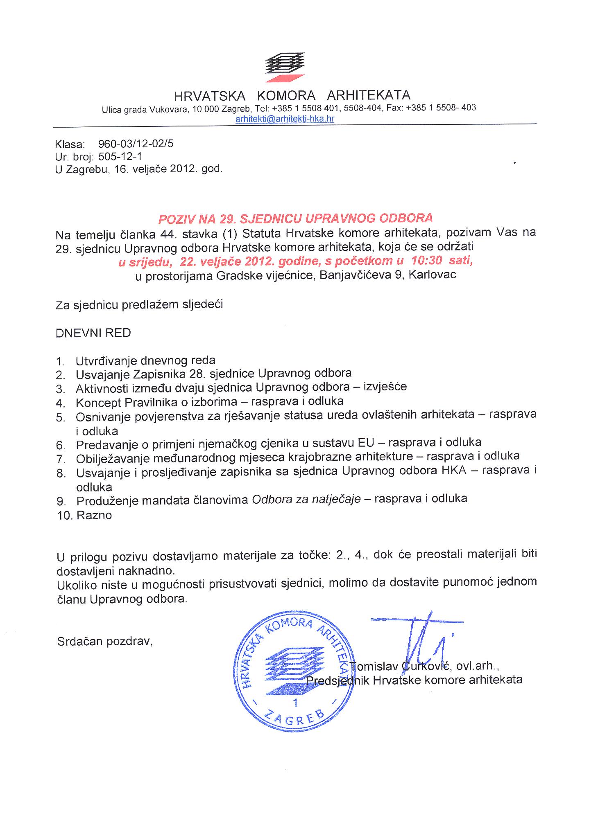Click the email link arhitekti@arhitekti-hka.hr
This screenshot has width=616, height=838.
[x=285, y=119]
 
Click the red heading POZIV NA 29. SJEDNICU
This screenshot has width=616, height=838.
[x=295, y=218]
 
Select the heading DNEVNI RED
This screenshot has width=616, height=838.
[x=93, y=333]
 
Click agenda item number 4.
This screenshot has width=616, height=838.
[x=61, y=403]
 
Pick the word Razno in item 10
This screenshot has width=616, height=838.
[x=94, y=515]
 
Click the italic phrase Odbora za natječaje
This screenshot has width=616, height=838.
[x=306, y=499]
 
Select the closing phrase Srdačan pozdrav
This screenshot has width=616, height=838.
[x=105, y=641]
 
